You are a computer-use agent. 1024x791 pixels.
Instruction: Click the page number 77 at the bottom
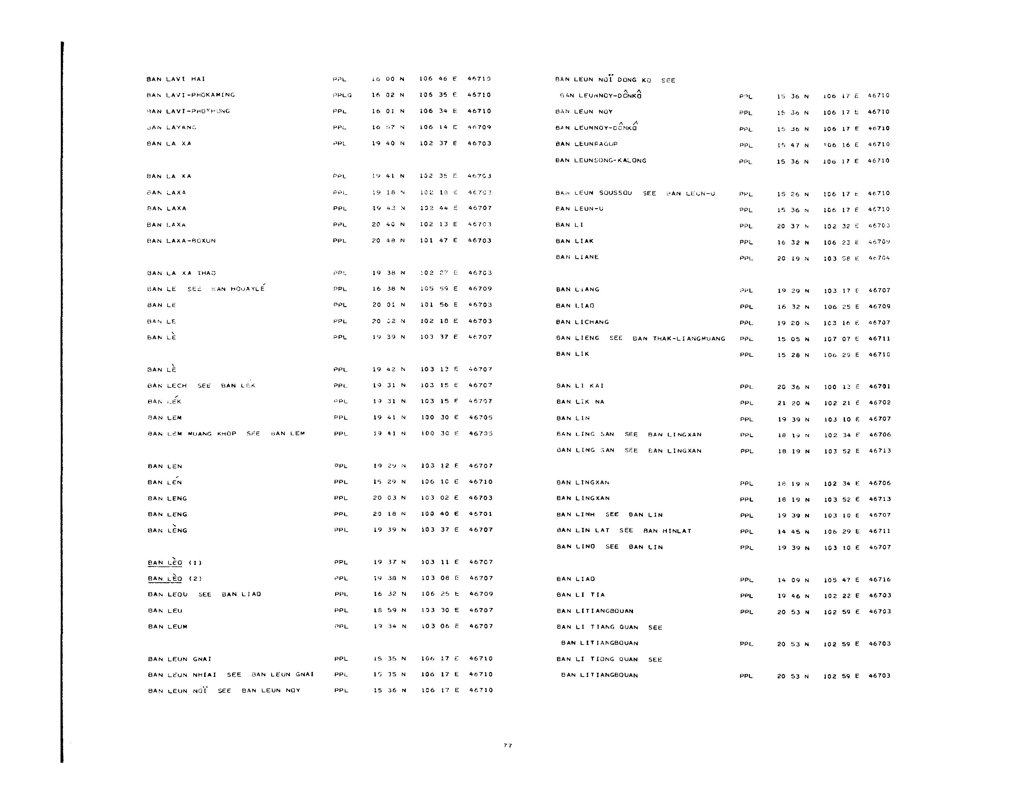pos(508,745)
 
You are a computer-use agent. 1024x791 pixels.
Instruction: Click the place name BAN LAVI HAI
pos(176,79)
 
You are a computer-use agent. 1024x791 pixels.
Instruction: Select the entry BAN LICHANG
pos(582,322)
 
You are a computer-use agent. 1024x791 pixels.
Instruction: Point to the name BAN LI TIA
pos(581,595)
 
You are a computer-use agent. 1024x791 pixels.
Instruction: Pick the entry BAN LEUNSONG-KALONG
pos(601,161)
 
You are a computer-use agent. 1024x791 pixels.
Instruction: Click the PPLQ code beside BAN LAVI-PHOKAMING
pos(342,95)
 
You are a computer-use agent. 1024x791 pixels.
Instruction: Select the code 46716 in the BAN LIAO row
pos(880,580)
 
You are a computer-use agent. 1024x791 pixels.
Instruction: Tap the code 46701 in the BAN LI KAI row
pos(880,387)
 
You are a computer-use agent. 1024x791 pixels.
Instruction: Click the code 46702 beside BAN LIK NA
pos(880,403)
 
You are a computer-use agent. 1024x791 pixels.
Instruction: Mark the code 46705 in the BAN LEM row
pos(481,418)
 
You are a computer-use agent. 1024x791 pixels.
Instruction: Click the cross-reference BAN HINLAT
pos(667,531)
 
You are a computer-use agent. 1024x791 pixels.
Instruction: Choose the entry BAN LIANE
pos(577,257)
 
